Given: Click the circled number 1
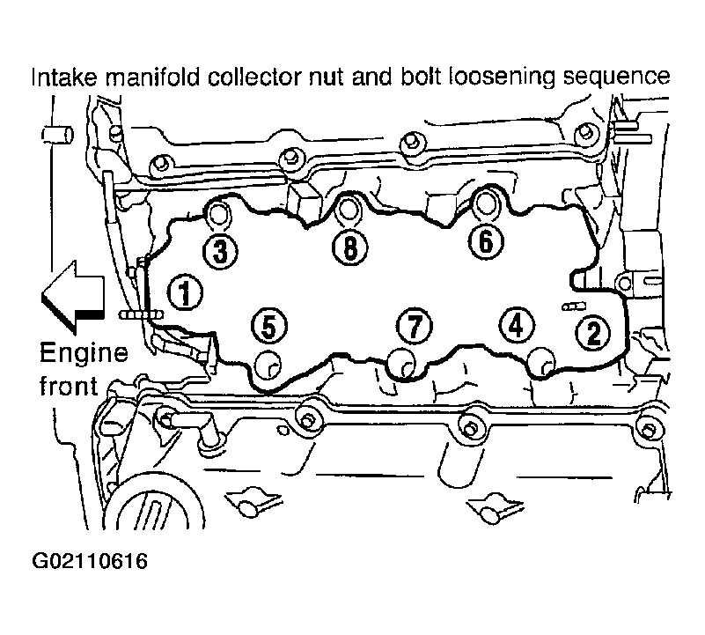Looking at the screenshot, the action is click(185, 292).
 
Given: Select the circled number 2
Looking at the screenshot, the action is click(593, 333).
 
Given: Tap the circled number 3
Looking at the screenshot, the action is click(220, 251).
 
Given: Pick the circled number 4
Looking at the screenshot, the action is click(517, 326).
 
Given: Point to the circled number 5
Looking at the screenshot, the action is click(268, 326).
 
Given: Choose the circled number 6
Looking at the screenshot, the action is click(486, 241).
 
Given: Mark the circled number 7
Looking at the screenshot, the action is click(414, 326).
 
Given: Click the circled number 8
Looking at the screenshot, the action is click(349, 247).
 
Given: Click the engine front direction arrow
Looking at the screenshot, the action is click(73, 298).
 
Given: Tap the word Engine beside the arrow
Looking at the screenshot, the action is click(84, 353).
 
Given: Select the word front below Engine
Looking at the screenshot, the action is click(69, 386).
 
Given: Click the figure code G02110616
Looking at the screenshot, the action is click(90, 561).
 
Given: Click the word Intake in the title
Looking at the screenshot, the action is click(64, 77).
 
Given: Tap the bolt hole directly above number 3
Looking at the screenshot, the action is click(218, 214).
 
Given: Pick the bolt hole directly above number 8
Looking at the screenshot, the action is click(348, 209).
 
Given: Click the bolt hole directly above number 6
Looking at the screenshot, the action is click(485, 203).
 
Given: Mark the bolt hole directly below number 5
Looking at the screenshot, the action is click(268, 364).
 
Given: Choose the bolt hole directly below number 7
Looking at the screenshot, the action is click(401, 362).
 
